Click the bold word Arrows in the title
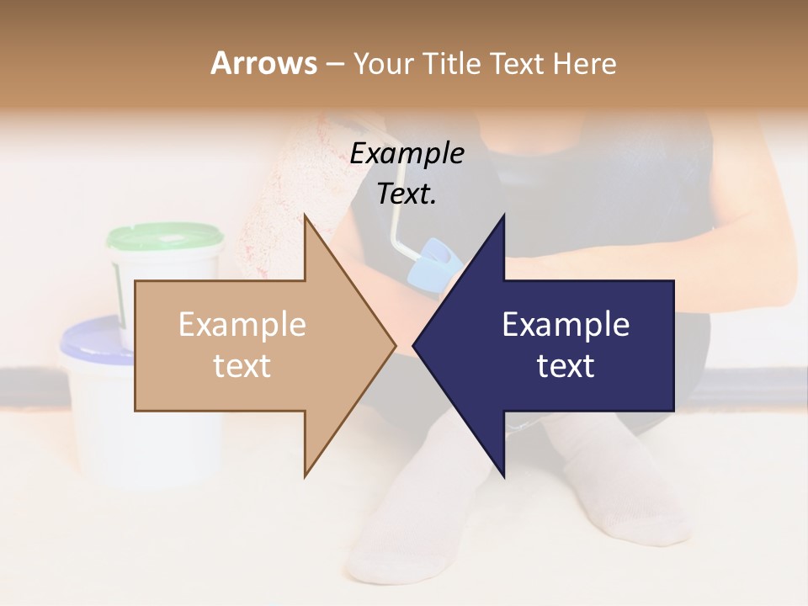click(x=263, y=63)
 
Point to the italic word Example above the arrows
click(x=407, y=153)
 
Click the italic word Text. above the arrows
click(x=407, y=194)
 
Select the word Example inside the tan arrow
click(x=242, y=324)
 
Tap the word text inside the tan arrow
click(x=242, y=366)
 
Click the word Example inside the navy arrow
click(x=566, y=324)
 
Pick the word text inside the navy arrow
click(x=566, y=366)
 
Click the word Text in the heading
click(x=518, y=63)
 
